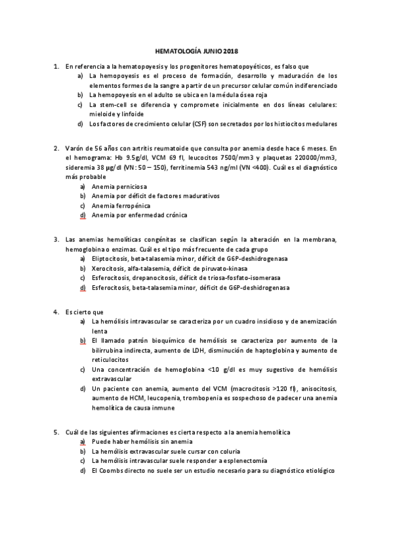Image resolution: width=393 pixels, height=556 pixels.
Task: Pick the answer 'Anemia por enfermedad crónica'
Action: coord(140,214)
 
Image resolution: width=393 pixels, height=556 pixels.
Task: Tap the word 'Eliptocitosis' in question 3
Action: coord(112,258)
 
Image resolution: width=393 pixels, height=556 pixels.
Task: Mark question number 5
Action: coord(56,433)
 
